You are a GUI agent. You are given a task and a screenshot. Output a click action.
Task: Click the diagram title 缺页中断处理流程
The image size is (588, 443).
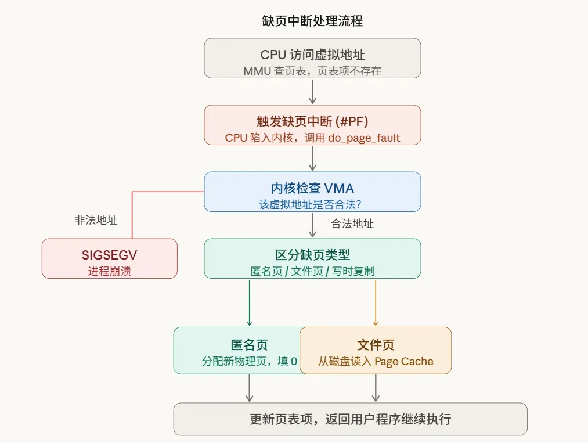click(x=312, y=21)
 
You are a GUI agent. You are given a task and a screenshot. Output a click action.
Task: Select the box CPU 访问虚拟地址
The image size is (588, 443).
click(x=312, y=57)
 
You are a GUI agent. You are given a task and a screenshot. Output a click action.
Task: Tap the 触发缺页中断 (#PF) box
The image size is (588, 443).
click(x=312, y=124)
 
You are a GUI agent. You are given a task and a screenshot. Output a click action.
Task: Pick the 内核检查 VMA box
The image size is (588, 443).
click(x=312, y=191)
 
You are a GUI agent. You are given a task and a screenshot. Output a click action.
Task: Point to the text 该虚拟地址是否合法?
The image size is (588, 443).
click(x=312, y=205)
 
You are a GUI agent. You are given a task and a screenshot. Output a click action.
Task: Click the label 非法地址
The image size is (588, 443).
click(x=96, y=221)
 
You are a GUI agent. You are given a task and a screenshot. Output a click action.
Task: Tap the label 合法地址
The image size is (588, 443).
click(x=352, y=224)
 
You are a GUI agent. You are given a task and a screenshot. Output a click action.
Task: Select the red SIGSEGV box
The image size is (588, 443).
click(x=109, y=258)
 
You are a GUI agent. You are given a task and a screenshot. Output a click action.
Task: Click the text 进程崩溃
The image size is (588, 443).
click(x=109, y=271)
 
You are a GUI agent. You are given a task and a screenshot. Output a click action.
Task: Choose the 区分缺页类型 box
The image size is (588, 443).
click(x=312, y=258)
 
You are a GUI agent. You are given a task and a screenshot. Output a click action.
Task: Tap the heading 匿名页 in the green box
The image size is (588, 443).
click(x=249, y=345)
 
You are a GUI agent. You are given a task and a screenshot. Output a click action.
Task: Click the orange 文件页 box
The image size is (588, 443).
click(x=376, y=350)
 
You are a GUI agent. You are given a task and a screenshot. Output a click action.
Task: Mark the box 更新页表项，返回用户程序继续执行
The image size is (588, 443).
click(x=350, y=419)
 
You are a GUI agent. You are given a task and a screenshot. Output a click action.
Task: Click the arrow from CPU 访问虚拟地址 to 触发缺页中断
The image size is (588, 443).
click(x=312, y=91)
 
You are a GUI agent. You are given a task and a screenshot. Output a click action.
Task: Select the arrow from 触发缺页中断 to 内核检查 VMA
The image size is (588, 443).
click(x=312, y=158)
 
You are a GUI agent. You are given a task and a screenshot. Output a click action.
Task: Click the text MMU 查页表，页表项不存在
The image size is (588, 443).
click(x=312, y=71)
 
